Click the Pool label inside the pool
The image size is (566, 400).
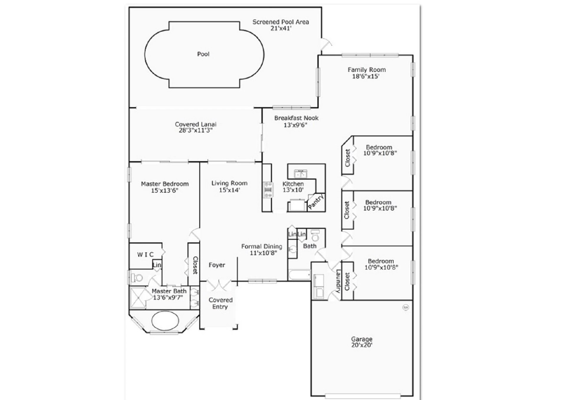pos(203,54)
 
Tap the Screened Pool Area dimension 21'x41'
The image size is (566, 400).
pos(281,28)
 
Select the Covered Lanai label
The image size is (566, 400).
pos(196,124)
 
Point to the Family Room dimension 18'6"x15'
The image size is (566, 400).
pos(366,76)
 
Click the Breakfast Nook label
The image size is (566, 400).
pos(296,118)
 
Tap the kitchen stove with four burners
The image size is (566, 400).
pos(268,190)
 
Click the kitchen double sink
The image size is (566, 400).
pos(301,174)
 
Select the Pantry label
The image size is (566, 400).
pos(316,202)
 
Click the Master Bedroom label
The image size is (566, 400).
pos(165,184)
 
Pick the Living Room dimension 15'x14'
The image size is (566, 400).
pos(230,190)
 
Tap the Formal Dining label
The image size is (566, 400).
pos(262,246)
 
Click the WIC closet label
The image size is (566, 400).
pos(145,255)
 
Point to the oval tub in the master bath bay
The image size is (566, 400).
pos(165,321)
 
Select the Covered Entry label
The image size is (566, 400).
pos(220,303)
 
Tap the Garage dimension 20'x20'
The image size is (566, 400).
pos(362,345)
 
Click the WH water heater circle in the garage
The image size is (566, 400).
pos(405,307)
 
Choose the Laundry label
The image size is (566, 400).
pos(338,281)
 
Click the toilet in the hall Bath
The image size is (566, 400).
pos(315,235)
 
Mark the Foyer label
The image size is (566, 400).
pos(217,265)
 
